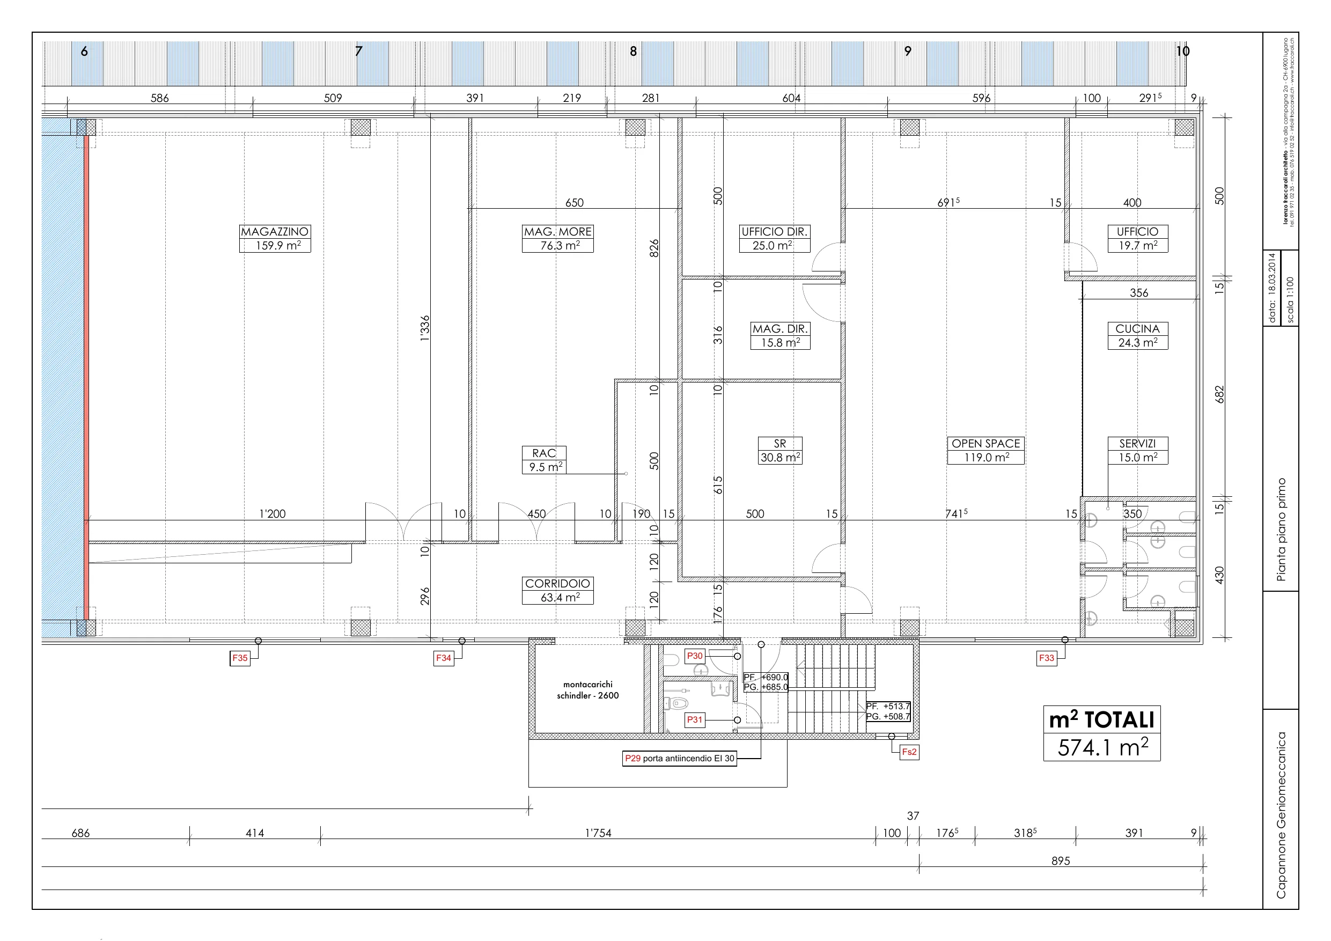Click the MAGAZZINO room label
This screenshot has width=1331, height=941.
coord(275,238)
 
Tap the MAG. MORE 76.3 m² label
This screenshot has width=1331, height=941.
coord(558,238)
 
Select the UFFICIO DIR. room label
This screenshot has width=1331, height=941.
coord(774,238)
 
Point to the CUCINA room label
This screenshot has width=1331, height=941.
coord(1137,336)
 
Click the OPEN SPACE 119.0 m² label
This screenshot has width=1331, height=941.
coord(986,451)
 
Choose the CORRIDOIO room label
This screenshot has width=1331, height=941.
coord(558,590)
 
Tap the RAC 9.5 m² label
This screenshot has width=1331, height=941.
coord(544,460)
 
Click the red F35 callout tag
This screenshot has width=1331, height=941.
coord(240,658)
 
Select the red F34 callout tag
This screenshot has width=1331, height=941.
coord(444,658)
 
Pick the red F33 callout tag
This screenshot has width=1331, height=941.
coord(1046,658)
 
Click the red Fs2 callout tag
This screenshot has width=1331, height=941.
coord(909,752)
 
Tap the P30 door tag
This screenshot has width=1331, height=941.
coord(695,656)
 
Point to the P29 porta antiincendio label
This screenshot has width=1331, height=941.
coord(679,759)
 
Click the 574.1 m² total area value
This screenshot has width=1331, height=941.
coord(1102,748)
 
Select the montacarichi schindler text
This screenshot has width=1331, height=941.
coord(588,690)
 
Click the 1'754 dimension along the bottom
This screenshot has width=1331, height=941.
coord(598,833)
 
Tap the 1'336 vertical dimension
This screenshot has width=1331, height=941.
coord(425,328)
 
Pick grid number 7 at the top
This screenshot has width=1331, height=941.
coord(359,51)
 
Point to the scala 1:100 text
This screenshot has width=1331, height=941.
coord(1290,300)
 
